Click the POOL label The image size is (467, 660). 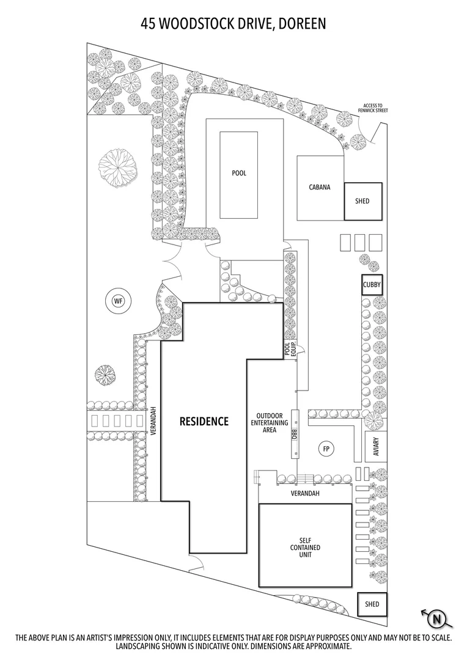[239, 173]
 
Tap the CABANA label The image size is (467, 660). [319, 187]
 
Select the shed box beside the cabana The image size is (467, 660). [362, 201]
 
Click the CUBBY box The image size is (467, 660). [372, 285]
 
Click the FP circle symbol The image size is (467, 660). [327, 450]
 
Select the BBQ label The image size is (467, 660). [294, 434]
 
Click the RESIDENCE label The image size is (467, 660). [204, 421]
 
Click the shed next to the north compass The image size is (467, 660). [372, 604]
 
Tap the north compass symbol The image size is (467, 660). [436, 618]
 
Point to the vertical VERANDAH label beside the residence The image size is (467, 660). [155, 422]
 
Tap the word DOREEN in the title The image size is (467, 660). [300, 24]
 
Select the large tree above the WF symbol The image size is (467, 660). [118, 167]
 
